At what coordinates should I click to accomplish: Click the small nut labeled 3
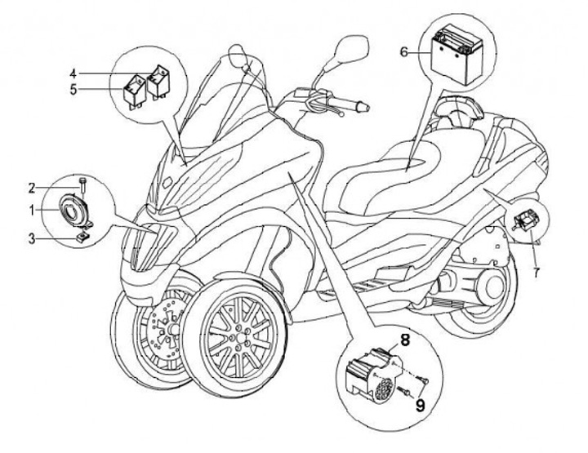click(x=82, y=236)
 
